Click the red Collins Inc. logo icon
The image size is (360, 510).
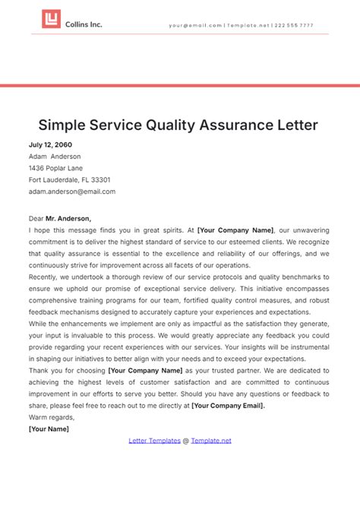(51, 21)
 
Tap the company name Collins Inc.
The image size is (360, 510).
(84, 24)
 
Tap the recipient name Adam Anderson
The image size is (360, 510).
(55, 157)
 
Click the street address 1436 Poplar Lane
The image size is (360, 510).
(55, 168)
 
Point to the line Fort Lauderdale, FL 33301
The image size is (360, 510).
(69, 180)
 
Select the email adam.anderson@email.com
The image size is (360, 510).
(72, 192)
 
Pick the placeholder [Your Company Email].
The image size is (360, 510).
(228, 405)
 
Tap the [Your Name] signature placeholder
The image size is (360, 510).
(49, 429)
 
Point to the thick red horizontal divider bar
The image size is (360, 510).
(180, 85)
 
